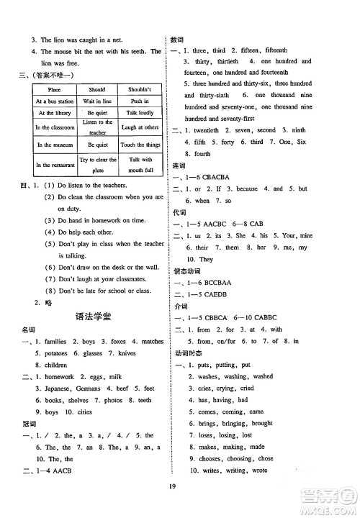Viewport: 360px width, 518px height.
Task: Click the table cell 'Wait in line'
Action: (97, 101)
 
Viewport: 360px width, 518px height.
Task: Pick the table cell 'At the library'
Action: (55, 113)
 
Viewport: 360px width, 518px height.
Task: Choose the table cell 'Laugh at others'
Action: (140, 127)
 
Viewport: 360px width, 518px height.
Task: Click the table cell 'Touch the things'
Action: (140, 145)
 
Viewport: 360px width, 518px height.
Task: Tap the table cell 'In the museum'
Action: (55, 145)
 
